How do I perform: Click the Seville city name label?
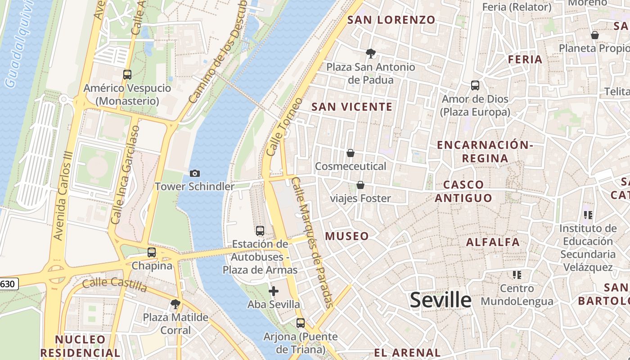(441, 300)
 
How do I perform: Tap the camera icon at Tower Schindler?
(195, 173)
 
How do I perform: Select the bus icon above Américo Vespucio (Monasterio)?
(127, 75)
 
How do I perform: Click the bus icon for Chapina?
(152, 252)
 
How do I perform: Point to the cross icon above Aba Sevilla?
(273, 291)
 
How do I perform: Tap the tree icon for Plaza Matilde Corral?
(175, 304)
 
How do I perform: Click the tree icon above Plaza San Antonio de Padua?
(371, 54)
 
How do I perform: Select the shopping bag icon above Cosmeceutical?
(351, 153)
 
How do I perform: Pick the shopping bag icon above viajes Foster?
(360, 185)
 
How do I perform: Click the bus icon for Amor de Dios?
(475, 85)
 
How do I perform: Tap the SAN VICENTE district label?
(352, 107)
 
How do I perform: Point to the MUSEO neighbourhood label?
(347, 236)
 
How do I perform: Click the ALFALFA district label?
(493, 242)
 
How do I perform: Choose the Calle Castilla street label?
(115, 284)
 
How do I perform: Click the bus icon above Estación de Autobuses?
(260, 231)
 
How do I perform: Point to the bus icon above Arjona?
(301, 323)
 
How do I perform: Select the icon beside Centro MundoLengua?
(517, 274)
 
